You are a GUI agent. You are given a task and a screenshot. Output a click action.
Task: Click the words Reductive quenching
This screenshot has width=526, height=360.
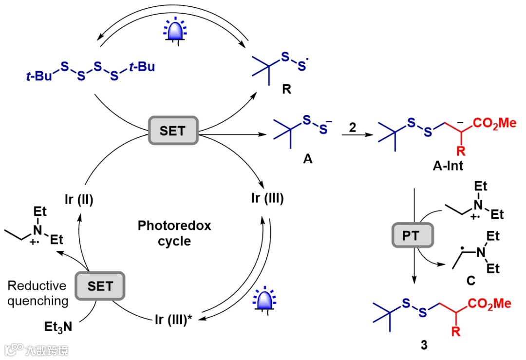pos(38,293)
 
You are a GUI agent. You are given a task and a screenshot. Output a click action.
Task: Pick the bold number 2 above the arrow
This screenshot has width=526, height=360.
pos(352,127)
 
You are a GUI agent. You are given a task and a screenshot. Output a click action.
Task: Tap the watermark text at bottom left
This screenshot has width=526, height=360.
pos(37,350)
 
